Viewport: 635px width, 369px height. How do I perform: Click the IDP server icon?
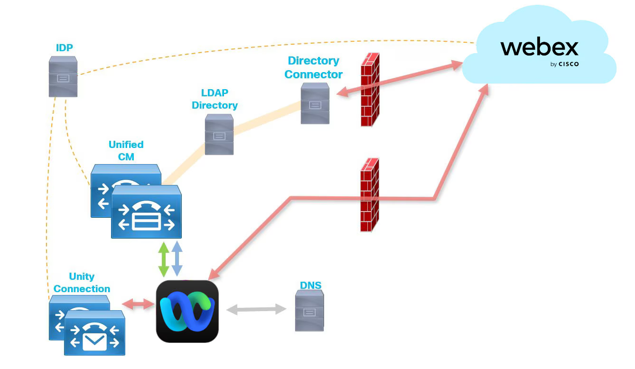point(63,76)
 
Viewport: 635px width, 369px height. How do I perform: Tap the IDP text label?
point(64,47)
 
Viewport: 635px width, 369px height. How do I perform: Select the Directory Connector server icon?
point(315,103)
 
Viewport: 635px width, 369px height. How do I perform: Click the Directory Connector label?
point(313,67)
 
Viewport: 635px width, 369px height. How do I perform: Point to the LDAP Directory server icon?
point(219,134)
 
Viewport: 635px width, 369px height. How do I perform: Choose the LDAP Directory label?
point(215,99)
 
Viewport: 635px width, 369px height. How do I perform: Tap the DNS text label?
point(310,286)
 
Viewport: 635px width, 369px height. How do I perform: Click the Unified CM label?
point(126,150)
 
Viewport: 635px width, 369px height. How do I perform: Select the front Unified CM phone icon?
point(146,212)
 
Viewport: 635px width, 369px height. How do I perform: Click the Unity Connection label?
point(82,283)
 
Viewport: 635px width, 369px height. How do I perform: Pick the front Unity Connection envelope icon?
point(94,333)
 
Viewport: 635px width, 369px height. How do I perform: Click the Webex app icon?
point(187,311)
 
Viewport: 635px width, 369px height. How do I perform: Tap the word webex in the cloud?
point(539,48)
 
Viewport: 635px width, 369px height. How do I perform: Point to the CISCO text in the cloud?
point(568,64)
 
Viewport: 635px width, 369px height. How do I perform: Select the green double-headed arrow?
point(164,259)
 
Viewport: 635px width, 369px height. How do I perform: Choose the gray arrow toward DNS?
point(256,310)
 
